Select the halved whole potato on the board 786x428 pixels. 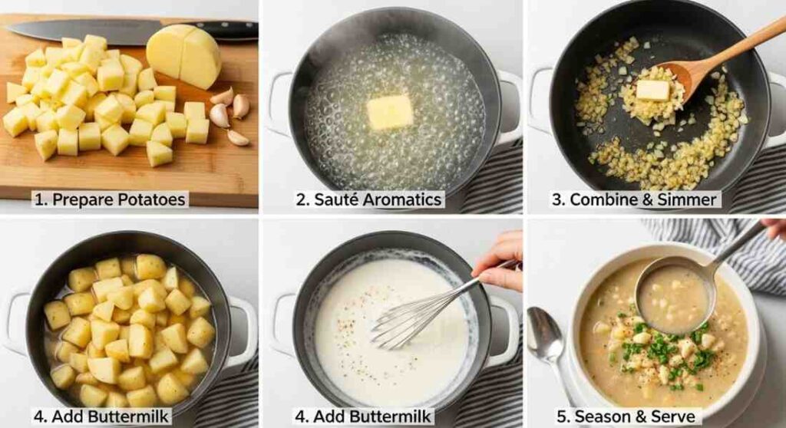184,54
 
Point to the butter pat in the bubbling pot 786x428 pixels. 390,112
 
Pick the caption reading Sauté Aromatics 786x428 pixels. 369,200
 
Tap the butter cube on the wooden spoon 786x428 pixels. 652,91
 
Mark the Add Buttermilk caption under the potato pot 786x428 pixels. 102,416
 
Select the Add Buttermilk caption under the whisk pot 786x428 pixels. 365,416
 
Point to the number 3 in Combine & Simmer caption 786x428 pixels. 557,200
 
